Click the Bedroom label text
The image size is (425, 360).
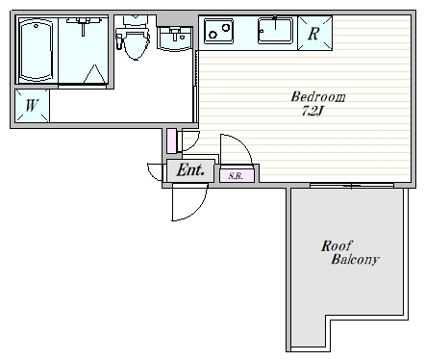click(x=318, y=97)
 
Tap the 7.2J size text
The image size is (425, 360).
click(x=312, y=111)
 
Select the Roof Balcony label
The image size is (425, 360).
click(x=350, y=253)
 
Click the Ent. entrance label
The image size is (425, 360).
click(x=190, y=170)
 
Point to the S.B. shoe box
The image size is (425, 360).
click(x=237, y=175)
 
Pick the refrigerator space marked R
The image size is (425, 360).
click(x=314, y=33)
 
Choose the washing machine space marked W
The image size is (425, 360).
click(x=32, y=106)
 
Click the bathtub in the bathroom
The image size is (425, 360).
click(x=37, y=50)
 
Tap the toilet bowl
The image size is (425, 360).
click(x=137, y=45)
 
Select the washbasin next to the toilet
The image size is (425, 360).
click(x=175, y=39)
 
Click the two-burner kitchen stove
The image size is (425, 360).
click(x=219, y=31)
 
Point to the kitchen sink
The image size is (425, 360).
click(x=275, y=31)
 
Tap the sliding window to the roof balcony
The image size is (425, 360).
click(x=352, y=186)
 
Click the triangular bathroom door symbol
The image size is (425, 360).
click(x=95, y=74)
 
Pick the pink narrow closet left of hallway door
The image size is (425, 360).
click(x=171, y=141)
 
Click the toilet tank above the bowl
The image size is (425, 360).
click(x=136, y=21)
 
